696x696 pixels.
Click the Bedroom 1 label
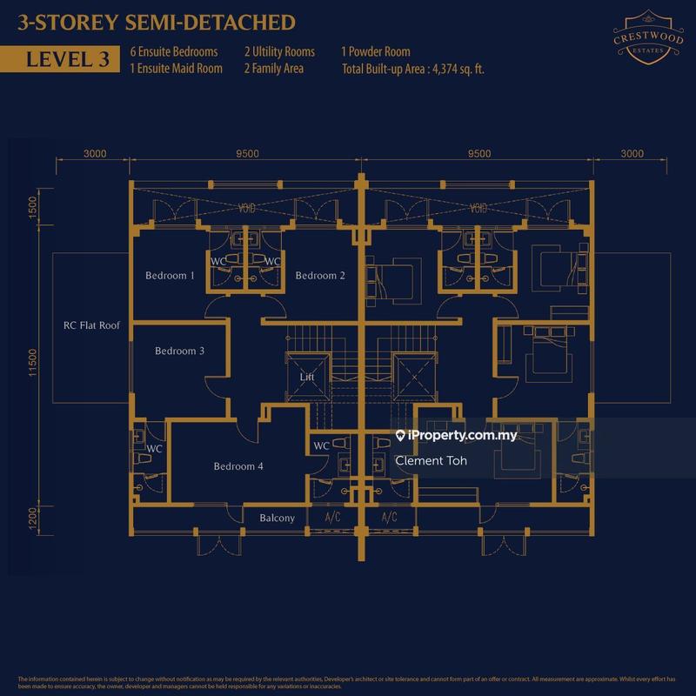[x=170, y=276]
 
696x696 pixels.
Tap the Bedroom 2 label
[x=320, y=276]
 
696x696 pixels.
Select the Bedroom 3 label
[x=179, y=351]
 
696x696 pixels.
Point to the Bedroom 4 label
[x=238, y=466]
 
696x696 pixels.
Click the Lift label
[x=306, y=378]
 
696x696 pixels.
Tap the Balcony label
[x=278, y=519]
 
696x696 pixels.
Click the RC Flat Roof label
[x=91, y=326]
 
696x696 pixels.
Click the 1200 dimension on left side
[x=32, y=519]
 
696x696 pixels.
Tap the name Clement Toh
[x=431, y=461]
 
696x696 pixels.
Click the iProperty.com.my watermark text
[x=462, y=436]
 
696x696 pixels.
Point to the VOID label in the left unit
[x=247, y=209]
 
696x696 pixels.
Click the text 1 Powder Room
[x=376, y=52]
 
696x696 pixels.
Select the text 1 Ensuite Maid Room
[x=176, y=68]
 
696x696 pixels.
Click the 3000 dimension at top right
[x=632, y=153]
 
